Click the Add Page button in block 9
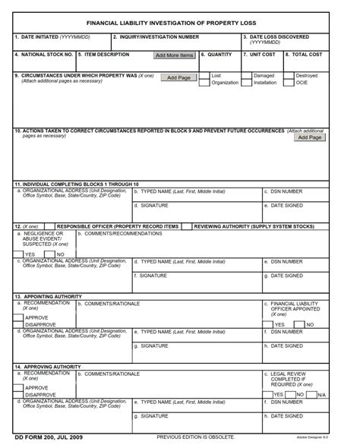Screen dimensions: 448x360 [178, 77]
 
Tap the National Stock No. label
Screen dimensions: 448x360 [44, 55]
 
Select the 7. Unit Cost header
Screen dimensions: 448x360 [259, 55]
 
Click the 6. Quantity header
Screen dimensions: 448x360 [217, 55]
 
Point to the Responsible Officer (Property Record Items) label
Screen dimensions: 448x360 [118, 226]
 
